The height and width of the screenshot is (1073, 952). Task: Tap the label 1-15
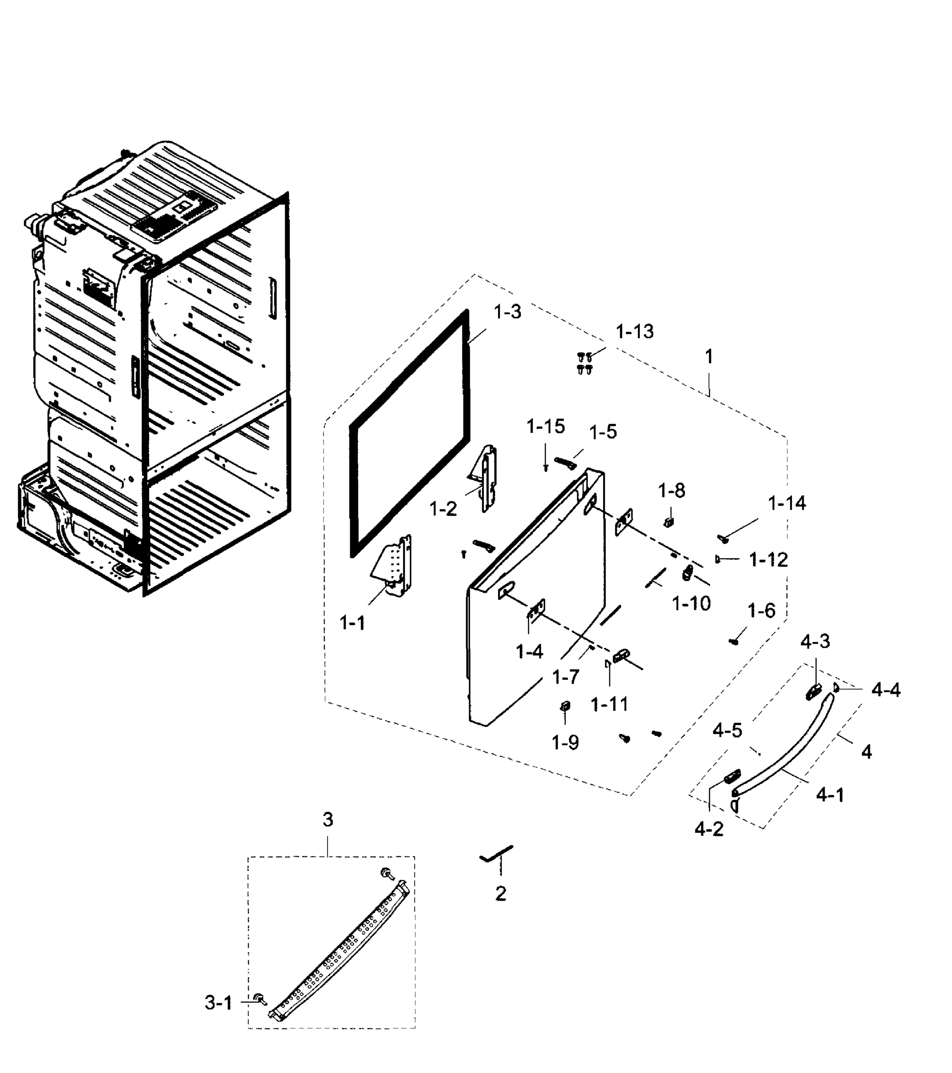[545, 427]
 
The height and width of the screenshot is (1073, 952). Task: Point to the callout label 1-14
[787, 503]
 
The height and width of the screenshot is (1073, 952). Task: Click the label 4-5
[727, 731]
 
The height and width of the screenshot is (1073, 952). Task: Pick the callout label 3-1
[218, 1003]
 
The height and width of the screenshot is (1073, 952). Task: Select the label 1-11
[609, 705]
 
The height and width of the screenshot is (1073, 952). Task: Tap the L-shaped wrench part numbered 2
[496, 853]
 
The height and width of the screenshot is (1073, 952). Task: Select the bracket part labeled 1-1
[394, 567]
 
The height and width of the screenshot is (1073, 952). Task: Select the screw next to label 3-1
[259, 998]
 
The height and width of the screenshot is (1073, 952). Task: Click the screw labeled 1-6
[734, 641]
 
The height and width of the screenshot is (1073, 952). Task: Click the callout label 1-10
[691, 604]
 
